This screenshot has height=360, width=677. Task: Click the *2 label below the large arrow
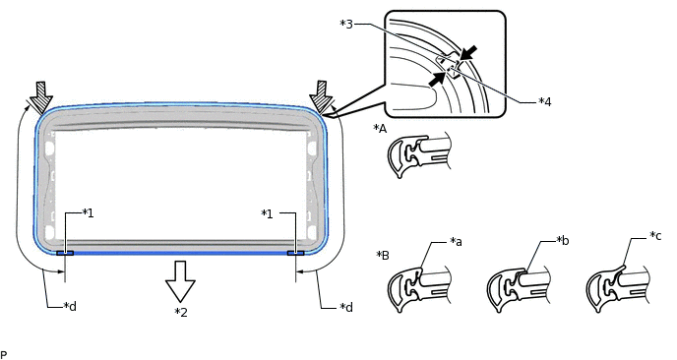tap(181, 312)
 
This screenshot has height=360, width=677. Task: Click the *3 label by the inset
tap(346, 24)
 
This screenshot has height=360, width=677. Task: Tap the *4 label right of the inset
tap(545, 102)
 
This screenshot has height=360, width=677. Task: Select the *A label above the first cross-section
tap(380, 129)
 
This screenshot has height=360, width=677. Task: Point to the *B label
tap(383, 255)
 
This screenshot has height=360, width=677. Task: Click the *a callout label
tap(456, 242)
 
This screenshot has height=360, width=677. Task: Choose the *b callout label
tap(563, 240)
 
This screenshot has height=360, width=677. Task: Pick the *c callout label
tap(655, 236)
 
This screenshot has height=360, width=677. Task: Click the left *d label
tap(70, 307)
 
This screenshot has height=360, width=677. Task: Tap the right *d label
tap(346, 307)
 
